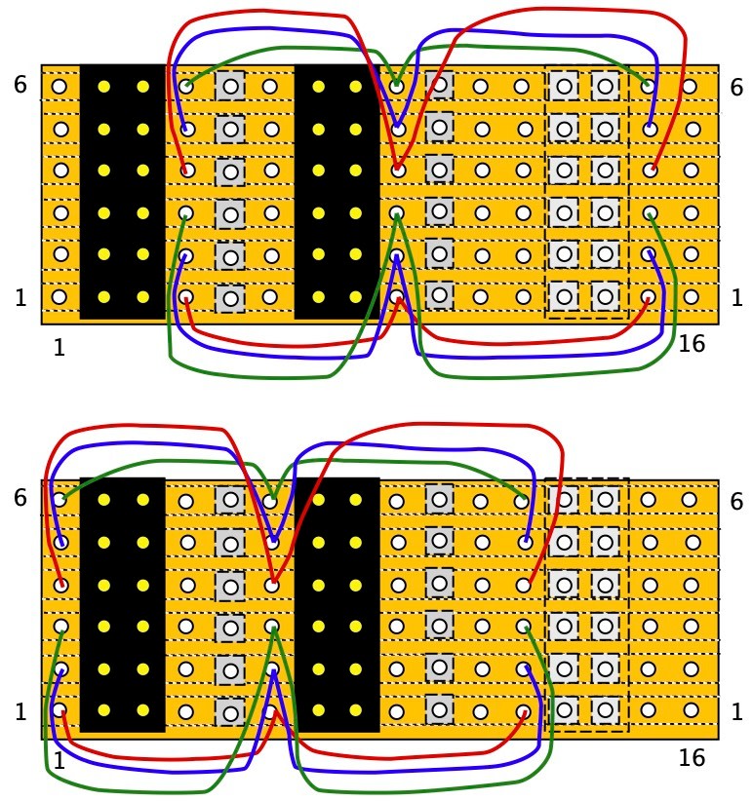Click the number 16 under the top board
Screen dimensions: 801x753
click(x=691, y=343)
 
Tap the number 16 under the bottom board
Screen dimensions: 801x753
click(x=691, y=758)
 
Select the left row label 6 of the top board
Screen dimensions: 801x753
click(x=20, y=85)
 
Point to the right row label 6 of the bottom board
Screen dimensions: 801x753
click(x=736, y=502)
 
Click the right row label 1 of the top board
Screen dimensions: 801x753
click(x=736, y=297)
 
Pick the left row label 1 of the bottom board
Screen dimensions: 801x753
click(x=20, y=711)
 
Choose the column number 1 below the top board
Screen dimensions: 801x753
click(x=59, y=347)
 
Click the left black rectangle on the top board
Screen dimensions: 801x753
click(x=122, y=192)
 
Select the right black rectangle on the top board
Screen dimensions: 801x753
click(x=337, y=192)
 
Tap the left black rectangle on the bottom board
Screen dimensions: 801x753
click(x=122, y=604)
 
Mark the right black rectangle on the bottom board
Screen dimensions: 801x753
click(x=337, y=604)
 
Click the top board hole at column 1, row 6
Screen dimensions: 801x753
click(x=59, y=87)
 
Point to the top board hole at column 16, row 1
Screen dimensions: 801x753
click(x=691, y=296)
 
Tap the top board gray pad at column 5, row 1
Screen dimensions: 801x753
click(x=230, y=298)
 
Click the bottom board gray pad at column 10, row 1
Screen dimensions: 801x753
click(x=440, y=709)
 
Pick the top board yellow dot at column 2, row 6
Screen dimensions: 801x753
click(x=103, y=87)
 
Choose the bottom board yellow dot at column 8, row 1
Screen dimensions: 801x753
click(x=356, y=710)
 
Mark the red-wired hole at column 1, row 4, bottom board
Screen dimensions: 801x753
click(x=60, y=585)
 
